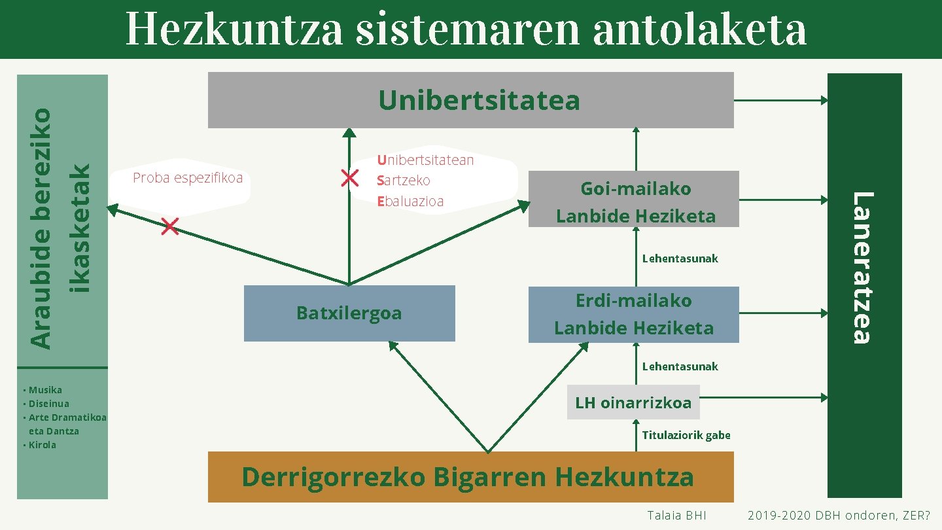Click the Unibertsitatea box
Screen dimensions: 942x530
click(x=471, y=100)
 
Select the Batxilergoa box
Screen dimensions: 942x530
click(x=349, y=313)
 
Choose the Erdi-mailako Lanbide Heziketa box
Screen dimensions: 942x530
click(x=634, y=315)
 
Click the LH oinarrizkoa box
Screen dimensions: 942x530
click(x=633, y=402)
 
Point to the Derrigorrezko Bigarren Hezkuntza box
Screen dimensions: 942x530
click(x=470, y=477)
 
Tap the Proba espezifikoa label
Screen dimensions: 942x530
click(x=188, y=178)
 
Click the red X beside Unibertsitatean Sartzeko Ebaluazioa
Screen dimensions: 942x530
click(x=349, y=178)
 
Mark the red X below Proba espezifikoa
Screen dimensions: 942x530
click(x=169, y=227)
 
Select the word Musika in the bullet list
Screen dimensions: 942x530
click(x=45, y=390)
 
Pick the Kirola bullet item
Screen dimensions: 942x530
click(x=43, y=445)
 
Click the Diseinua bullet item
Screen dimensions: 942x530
click(x=48, y=404)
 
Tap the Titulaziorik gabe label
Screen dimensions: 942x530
click(x=686, y=435)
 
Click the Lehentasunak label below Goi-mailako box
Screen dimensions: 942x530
click(x=680, y=258)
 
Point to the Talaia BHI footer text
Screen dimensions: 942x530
click(x=676, y=516)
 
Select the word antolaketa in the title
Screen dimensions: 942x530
click(x=699, y=30)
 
